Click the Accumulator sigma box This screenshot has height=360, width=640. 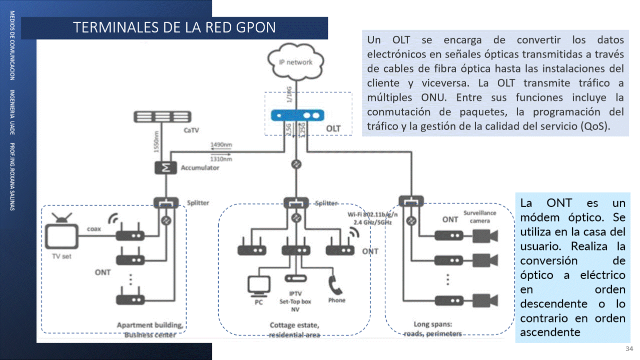(x=163, y=168)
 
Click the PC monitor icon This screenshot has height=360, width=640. (x=259, y=284)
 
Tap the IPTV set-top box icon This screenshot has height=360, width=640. (x=295, y=278)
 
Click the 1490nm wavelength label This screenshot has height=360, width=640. (x=221, y=145)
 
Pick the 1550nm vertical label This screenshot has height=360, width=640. (x=156, y=141)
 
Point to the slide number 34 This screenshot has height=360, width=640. (x=629, y=348)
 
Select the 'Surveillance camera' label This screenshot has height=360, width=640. (x=479, y=216)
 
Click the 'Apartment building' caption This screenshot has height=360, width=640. (x=150, y=325)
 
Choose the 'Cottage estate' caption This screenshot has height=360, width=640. (x=294, y=325)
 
